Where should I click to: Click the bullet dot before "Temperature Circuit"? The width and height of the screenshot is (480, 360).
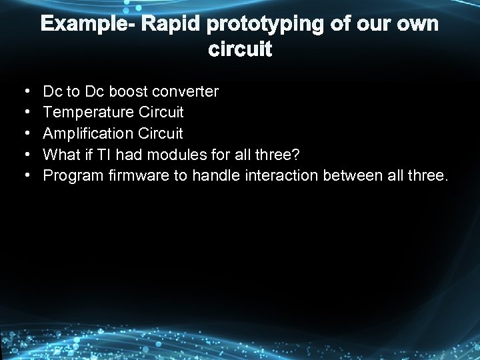point(25,111)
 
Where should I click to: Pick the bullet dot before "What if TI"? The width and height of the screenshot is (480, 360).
point(25,154)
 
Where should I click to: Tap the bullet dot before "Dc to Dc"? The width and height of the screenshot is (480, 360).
point(25,90)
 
